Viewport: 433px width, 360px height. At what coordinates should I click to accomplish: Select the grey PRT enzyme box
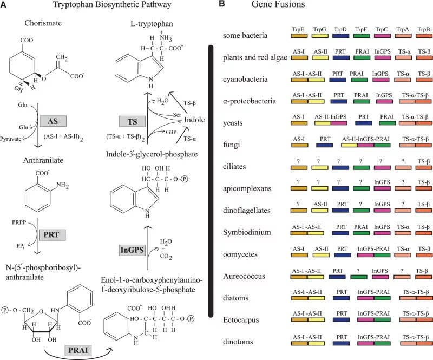53,235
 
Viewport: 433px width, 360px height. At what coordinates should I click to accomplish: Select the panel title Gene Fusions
278,5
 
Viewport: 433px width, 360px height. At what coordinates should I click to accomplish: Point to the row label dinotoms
239,342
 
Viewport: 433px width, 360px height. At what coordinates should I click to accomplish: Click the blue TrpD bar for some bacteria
340,35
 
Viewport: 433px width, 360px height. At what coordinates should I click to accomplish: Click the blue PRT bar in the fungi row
325,145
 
